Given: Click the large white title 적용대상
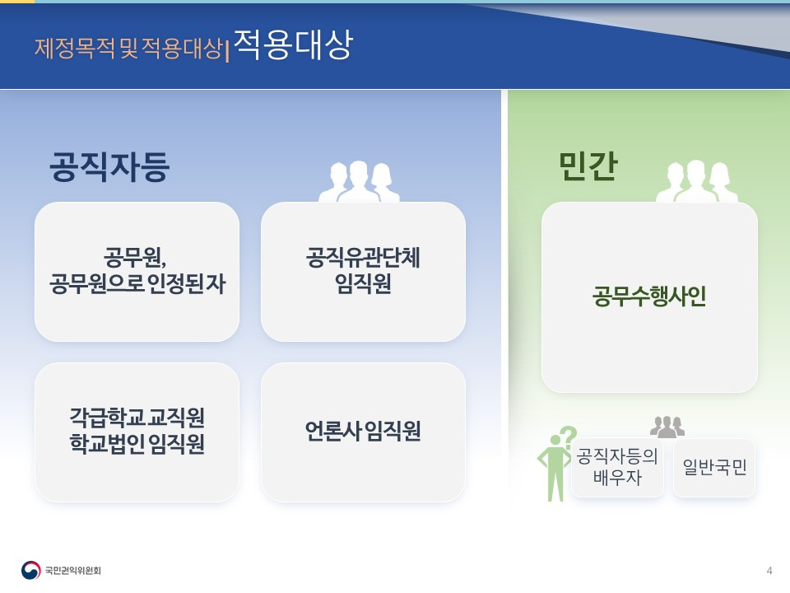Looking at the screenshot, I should [292, 46].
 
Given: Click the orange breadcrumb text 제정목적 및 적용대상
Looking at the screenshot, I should [128, 48].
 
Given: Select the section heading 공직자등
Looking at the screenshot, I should [109, 166].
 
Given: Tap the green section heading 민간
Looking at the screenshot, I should [588, 167].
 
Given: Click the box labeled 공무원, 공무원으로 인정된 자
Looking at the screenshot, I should [137, 271].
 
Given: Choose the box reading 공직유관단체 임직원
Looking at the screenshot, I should [363, 271].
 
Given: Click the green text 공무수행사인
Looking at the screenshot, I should [649, 296].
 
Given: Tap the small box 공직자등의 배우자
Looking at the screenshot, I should [617, 467].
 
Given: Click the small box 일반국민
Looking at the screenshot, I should [714, 468].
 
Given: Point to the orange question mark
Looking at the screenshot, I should [568, 436].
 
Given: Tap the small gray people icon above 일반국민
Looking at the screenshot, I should [667, 427].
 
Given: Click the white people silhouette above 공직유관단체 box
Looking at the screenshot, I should [359, 181].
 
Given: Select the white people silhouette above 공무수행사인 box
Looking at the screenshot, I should [696, 181].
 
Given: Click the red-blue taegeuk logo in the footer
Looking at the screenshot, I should [30, 570].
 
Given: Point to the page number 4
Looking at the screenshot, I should [769, 571].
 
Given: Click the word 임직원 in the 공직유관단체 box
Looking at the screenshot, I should [363, 285].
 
